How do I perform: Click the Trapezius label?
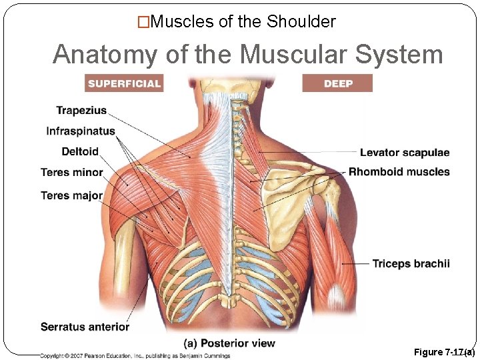(x=81, y=111)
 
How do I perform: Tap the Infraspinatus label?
(x=81, y=131)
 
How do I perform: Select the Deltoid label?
(x=80, y=152)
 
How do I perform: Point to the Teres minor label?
(x=72, y=173)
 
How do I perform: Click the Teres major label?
(x=72, y=196)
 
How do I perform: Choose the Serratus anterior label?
(x=85, y=327)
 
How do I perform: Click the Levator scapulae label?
(x=405, y=153)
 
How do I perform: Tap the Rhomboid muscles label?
(x=399, y=172)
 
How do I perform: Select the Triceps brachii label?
(x=411, y=264)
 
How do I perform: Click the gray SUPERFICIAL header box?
(x=125, y=83)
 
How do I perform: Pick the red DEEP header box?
(x=338, y=83)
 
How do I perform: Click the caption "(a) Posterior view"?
(x=229, y=343)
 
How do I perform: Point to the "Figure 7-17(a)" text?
(x=444, y=352)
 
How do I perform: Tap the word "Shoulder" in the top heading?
(x=301, y=22)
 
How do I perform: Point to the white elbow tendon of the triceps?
(x=336, y=293)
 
